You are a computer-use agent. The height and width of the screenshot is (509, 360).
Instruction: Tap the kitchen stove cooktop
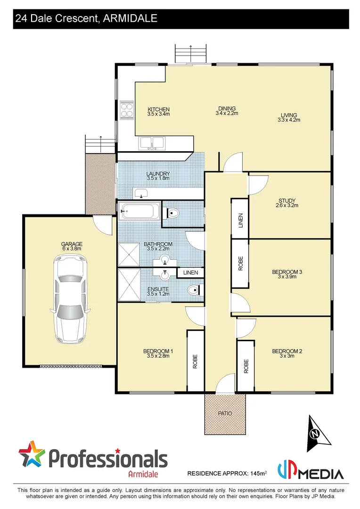(x=127, y=109)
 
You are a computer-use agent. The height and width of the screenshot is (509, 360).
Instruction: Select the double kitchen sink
(x=151, y=142)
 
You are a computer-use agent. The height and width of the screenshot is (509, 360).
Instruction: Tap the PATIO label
(x=225, y=413)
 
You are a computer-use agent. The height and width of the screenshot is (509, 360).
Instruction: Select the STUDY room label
(x=286, y=200)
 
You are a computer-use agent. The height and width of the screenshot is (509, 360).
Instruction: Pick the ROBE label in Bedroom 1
(x=195, y=361)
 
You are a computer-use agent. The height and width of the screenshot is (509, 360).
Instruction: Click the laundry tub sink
(x=141, y=193)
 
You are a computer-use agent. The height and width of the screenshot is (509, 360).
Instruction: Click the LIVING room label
(x=289, y=115)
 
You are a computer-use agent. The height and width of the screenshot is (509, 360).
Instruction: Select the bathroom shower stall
(x=129, y=254)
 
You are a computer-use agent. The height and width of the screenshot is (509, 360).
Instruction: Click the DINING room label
(x=227, y=108)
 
